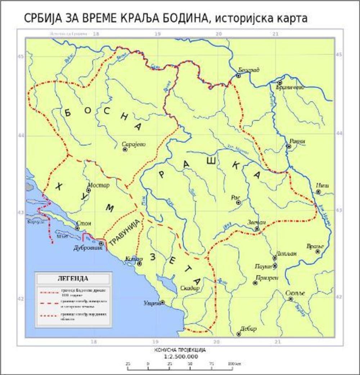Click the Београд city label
click(249, 70)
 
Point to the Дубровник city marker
click(101, 244)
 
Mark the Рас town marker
click(238, 203)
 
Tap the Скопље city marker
click(291, 299)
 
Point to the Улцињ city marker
click(162, 302)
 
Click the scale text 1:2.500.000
click(180, 357)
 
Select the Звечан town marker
click(257, 229)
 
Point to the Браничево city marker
click(280, 82)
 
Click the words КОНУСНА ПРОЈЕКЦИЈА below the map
click(180, 350)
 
